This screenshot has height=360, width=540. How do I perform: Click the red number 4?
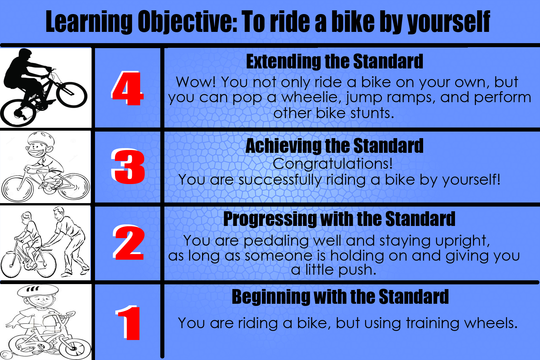[128, 88]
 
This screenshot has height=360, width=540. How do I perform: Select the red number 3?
[128, 166]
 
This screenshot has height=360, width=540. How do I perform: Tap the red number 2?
[129, 242]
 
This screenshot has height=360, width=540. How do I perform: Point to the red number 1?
[128, 322]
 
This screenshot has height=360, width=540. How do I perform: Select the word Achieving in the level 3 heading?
[283, 146]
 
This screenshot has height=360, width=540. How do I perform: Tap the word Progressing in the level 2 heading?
[270, 219]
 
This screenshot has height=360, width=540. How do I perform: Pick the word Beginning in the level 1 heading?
[271, 297]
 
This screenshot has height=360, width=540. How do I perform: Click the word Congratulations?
[333, 164]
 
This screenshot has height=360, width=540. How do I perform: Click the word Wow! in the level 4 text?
[196, 82]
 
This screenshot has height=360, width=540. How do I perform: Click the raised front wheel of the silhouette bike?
[72, 94]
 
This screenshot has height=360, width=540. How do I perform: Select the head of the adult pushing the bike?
[58, 213]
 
